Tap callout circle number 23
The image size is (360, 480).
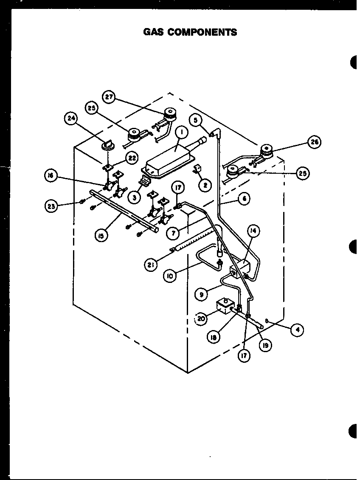click(x=51, y=207)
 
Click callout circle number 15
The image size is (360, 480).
click(x=101, y=236)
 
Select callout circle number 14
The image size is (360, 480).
click(x=253, y=231)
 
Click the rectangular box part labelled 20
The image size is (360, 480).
click(x=225, y=306)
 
